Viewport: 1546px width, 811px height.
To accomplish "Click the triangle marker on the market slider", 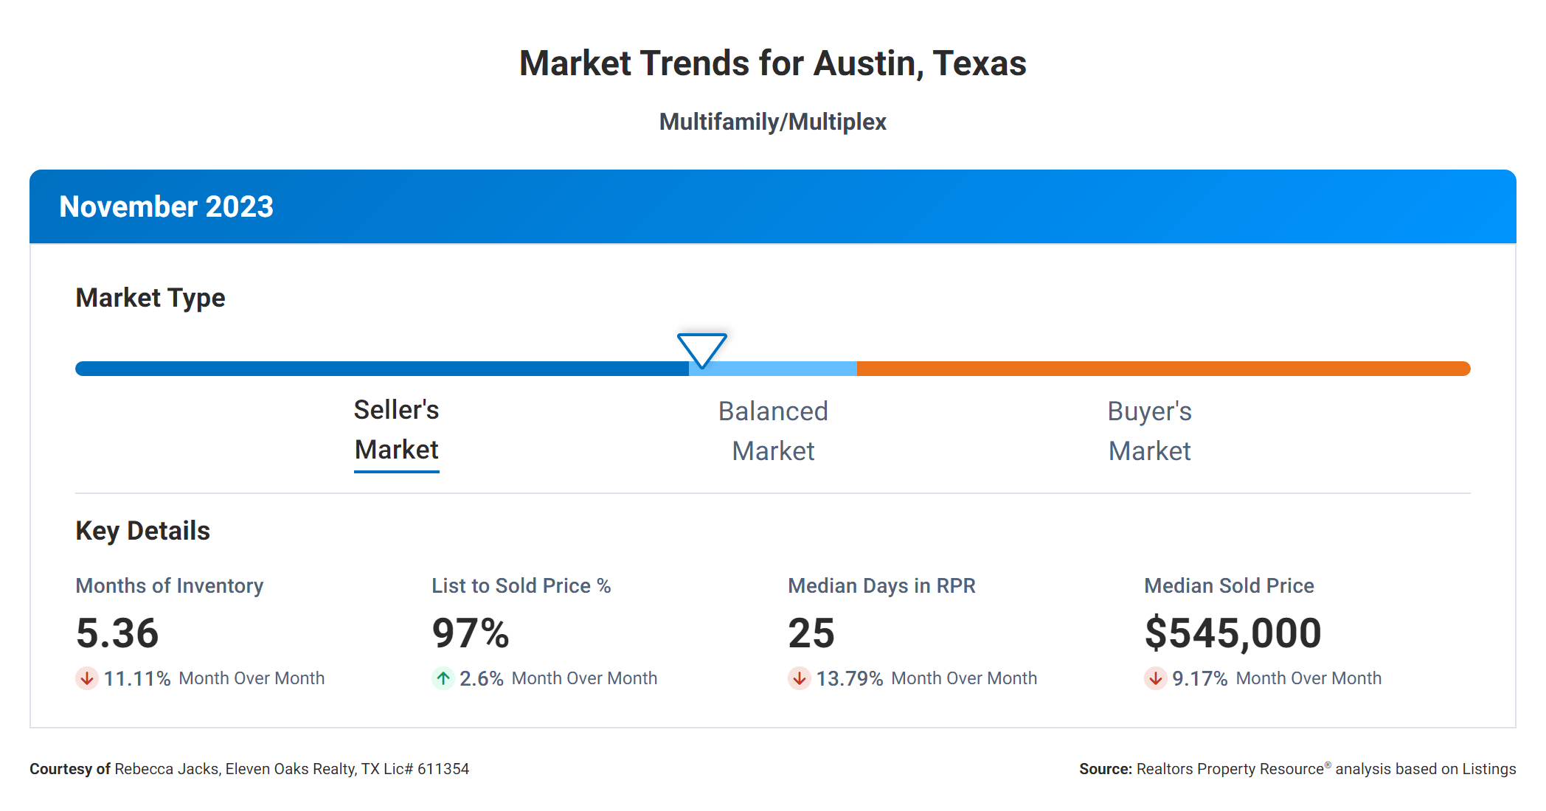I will pyautogui.click(x=701, y=349).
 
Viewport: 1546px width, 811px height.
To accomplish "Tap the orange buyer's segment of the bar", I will pyautogui.click(x=1162, y=369).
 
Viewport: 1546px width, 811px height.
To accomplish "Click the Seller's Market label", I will pyautogui.click(x=396, y=430).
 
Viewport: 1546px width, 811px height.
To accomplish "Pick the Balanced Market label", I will pyautogui.click(x=773, y=431).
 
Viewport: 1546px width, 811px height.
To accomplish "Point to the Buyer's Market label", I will pyautogui.click(x=1149, y=431).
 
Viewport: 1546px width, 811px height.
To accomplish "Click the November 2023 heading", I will pyautogui.click(x=166, y=206).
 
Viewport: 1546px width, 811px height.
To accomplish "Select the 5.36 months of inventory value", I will pyautogui.click(x=117, y=633).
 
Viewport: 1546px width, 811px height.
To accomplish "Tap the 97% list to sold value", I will pyautogui.click(x=471, y=633).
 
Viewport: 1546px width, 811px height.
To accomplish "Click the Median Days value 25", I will pyautogui.click(x=811, y=633).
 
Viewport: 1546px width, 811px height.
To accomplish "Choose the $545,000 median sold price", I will pyautogui.click(x=1233, y=633).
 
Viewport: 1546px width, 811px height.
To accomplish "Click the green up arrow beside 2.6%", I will pyautogui.click(x=443, y=678).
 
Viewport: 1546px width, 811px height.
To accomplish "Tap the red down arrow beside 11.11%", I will pyautogui.click(x=87, y=678).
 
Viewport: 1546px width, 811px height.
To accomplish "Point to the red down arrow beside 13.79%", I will pyautogui.click(x=799, y=678).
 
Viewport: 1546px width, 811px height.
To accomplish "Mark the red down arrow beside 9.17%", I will pyautogui.click(x=1155, y=678).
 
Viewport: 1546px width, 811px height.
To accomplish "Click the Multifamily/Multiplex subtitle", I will pyautogui.click(x=772, y=122).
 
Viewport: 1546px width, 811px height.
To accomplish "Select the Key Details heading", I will pyautogui.click(x=142, y=531).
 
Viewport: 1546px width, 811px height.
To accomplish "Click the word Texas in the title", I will pyautogui.click(x=979, y=63).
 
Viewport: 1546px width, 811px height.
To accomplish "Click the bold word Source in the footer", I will pyautogui.click(x=1104, y=769).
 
